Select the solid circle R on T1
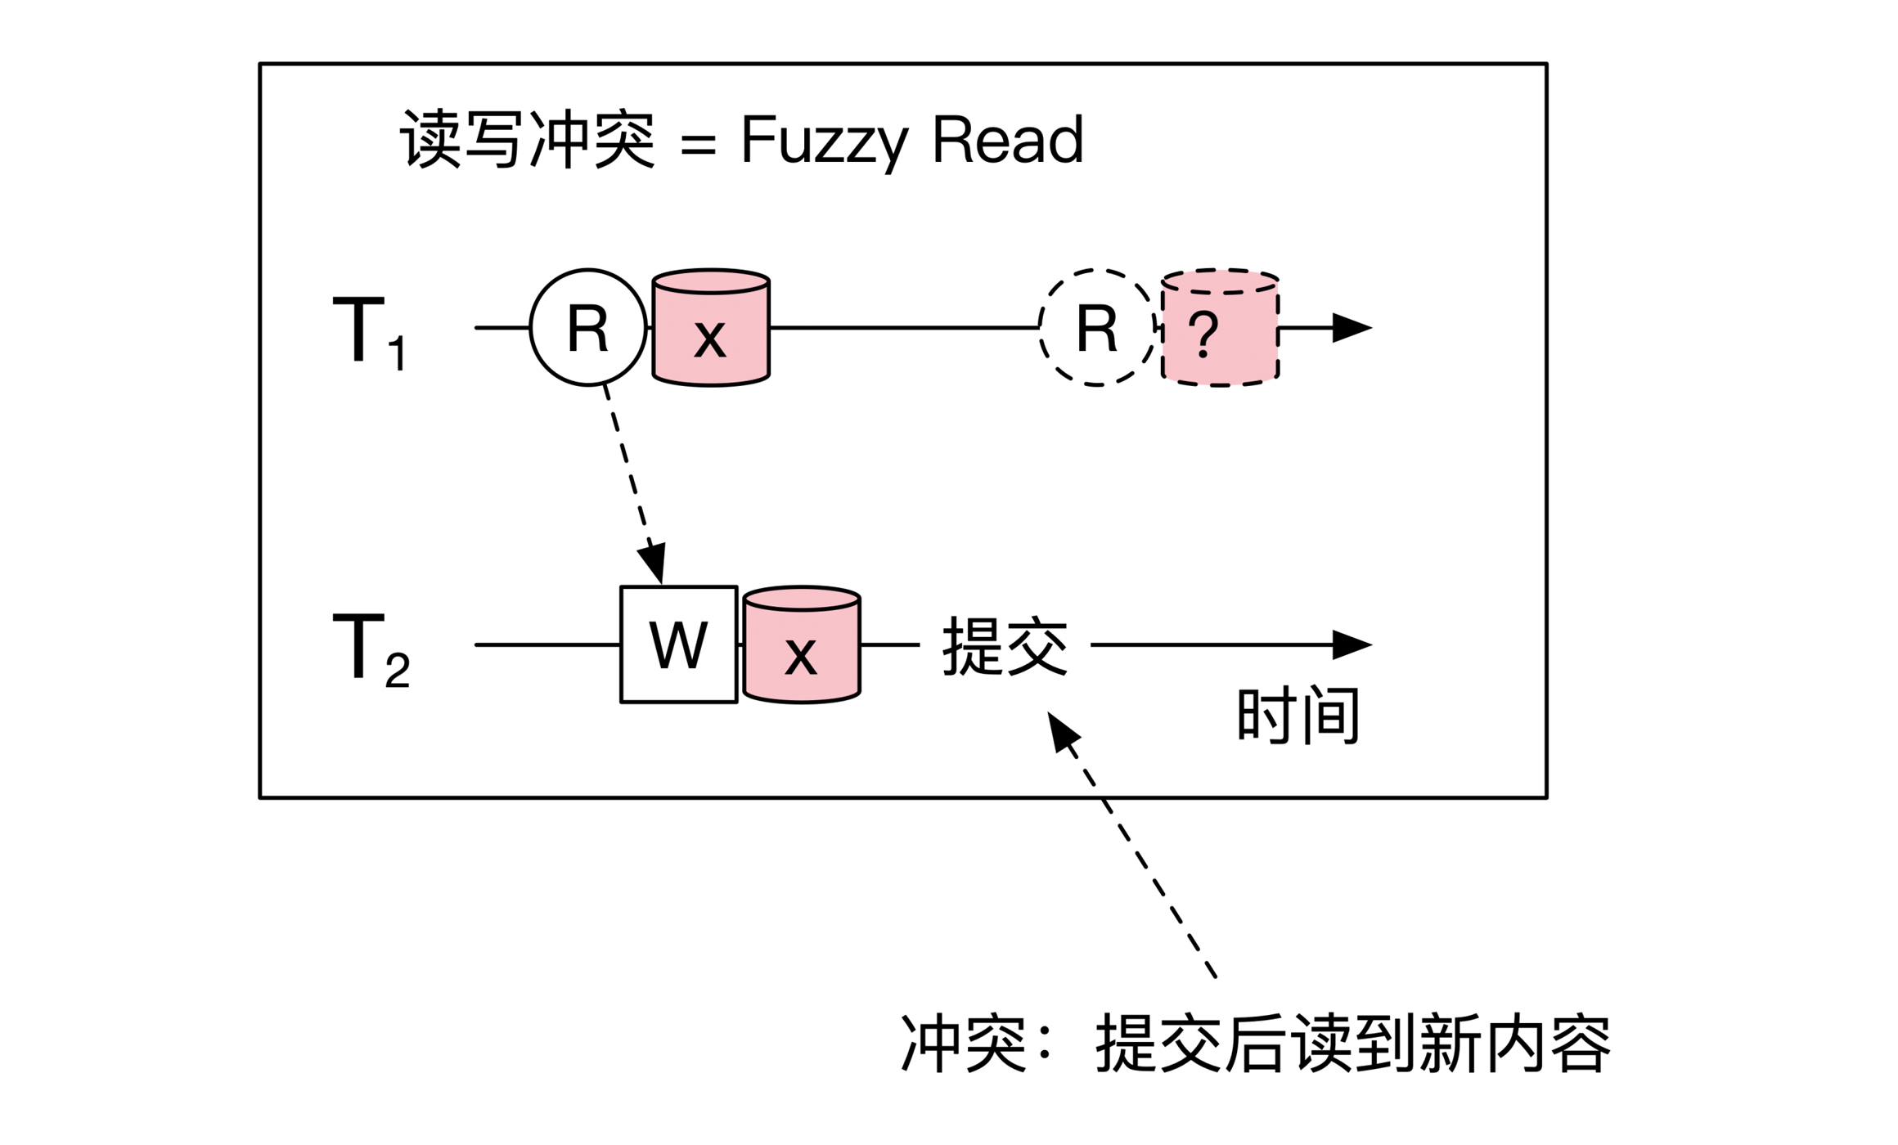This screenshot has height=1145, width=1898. (x=587, y=327)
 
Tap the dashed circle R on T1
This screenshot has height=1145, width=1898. (x=1096, y=327)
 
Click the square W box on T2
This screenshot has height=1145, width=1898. (x=678, y=644)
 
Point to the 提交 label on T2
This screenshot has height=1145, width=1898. (x=1005, y=646)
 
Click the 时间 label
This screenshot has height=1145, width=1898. (x=1298, y=716)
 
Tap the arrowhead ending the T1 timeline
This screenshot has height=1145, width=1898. (x=1352, y=327)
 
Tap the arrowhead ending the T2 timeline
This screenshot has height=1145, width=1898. (x=1352, y=644)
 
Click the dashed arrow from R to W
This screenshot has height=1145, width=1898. (x=632, y=478)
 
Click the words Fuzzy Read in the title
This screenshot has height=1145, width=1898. (x=911, y=141)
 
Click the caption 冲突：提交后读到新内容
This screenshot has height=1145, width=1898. (x=1255, y=1044)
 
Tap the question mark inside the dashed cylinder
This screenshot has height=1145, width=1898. (x=1203, y=334)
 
